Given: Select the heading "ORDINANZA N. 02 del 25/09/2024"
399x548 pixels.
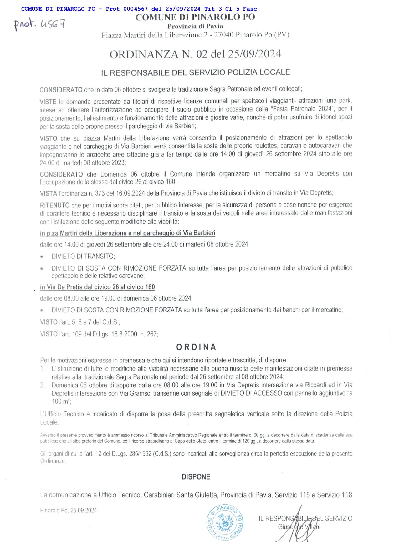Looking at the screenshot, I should (x=195, y=54).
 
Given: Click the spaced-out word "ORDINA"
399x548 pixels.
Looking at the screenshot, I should (x=196, y=347).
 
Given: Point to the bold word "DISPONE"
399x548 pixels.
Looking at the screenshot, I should (x=196, y=477).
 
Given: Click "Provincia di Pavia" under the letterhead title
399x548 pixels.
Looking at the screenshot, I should (x=195, y=26).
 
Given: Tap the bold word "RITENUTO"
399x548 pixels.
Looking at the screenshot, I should (x=55, y=205).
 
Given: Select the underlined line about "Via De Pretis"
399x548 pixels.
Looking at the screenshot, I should (x=97, y=287).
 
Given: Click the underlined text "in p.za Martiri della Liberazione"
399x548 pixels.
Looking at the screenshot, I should (x=83, y=233).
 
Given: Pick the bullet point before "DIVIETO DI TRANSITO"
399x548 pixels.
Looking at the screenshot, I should (x=42, y=257).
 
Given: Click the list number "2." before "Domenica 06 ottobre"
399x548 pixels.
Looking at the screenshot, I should (x=43, y=385).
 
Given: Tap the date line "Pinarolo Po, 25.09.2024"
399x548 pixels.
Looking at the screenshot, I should (x=69, y=511).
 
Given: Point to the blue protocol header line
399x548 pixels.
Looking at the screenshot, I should (x=139, y=9).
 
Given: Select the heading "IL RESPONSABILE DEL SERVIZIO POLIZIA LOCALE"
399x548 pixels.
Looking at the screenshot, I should (x=196, y=73).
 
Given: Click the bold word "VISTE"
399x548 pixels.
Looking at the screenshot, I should (x=48, y=102).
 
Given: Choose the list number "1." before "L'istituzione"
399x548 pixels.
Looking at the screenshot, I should (x=43, y=369).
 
